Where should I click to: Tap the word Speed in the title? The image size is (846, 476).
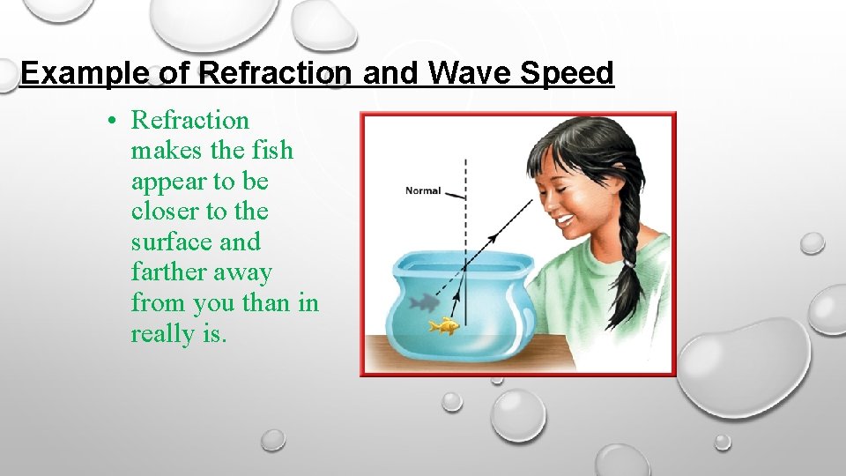(566, 73)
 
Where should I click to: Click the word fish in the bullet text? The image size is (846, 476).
(273, 151)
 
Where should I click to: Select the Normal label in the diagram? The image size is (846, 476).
(423, 190)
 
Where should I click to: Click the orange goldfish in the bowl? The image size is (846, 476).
(444, 327)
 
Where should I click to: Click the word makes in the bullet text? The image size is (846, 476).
(167, 151)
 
